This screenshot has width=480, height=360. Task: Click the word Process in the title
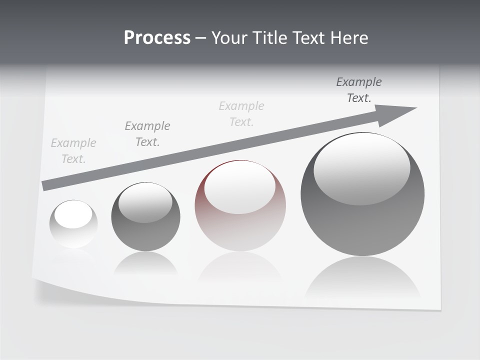[157, 38]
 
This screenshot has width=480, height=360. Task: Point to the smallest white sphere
[73, 224]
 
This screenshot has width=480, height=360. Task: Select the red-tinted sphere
[240, 206]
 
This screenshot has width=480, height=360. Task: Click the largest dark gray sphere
[362, 194]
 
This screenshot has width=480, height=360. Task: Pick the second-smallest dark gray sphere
[145, 217]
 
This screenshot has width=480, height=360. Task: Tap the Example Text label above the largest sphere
[359, 90]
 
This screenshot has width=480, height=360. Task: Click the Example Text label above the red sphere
[241, 114]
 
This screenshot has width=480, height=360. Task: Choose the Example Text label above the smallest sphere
[73, 151]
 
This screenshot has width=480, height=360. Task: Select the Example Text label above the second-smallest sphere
[147, 134]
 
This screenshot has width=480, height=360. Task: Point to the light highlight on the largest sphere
[361, 167]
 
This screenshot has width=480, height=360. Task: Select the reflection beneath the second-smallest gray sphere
[145, 263]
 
